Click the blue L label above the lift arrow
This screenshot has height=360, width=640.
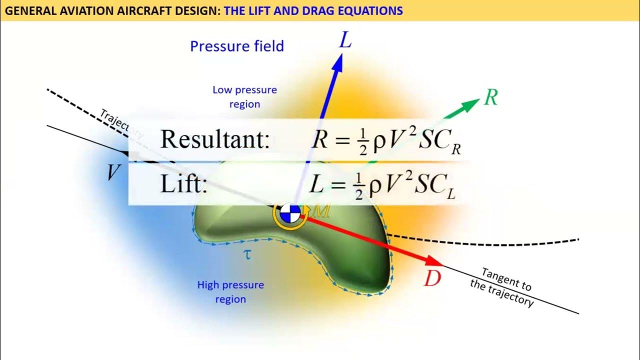[345, 40]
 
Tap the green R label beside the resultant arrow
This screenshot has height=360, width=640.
[490, 98]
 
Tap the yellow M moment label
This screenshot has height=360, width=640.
[321, 211]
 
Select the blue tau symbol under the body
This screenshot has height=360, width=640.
[246, 254]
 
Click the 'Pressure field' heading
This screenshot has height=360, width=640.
[237, 46]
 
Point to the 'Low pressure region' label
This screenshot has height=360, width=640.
[244, 97]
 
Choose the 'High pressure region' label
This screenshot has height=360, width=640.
[230, 292]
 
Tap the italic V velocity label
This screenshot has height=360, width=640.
[113, 173]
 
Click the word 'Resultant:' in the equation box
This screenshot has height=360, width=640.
[215, 139]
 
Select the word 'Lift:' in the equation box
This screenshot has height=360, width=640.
[183, 184]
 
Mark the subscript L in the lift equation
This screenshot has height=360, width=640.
[451, 194]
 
